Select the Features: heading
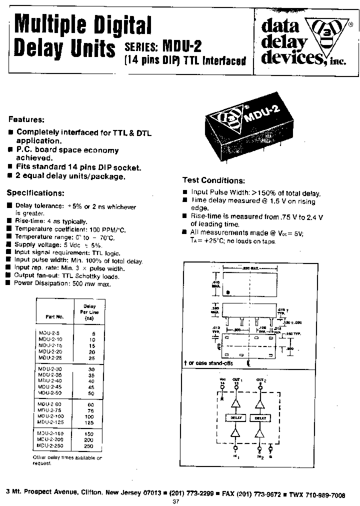26,120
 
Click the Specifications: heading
35,193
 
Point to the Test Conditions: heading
213,180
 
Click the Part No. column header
54,316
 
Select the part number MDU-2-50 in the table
50,393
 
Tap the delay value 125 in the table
89,423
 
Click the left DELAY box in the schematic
236,417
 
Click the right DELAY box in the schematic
260,417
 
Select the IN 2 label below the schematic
260,456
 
